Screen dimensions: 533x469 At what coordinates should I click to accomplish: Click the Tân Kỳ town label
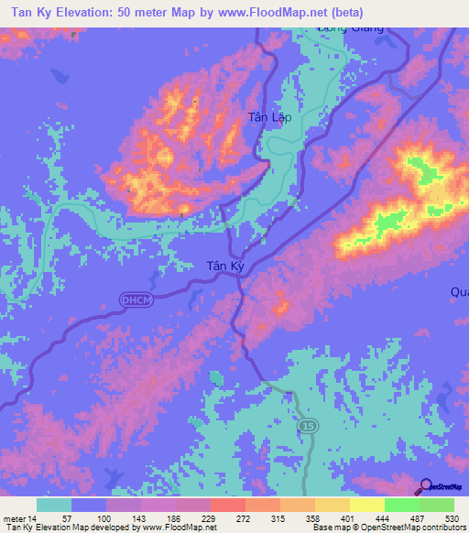225,266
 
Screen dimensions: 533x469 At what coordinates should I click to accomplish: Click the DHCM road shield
132,298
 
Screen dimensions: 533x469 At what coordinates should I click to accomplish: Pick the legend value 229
211,517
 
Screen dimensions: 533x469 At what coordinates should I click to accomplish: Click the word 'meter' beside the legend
16,517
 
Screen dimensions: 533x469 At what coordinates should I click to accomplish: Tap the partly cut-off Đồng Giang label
349,28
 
